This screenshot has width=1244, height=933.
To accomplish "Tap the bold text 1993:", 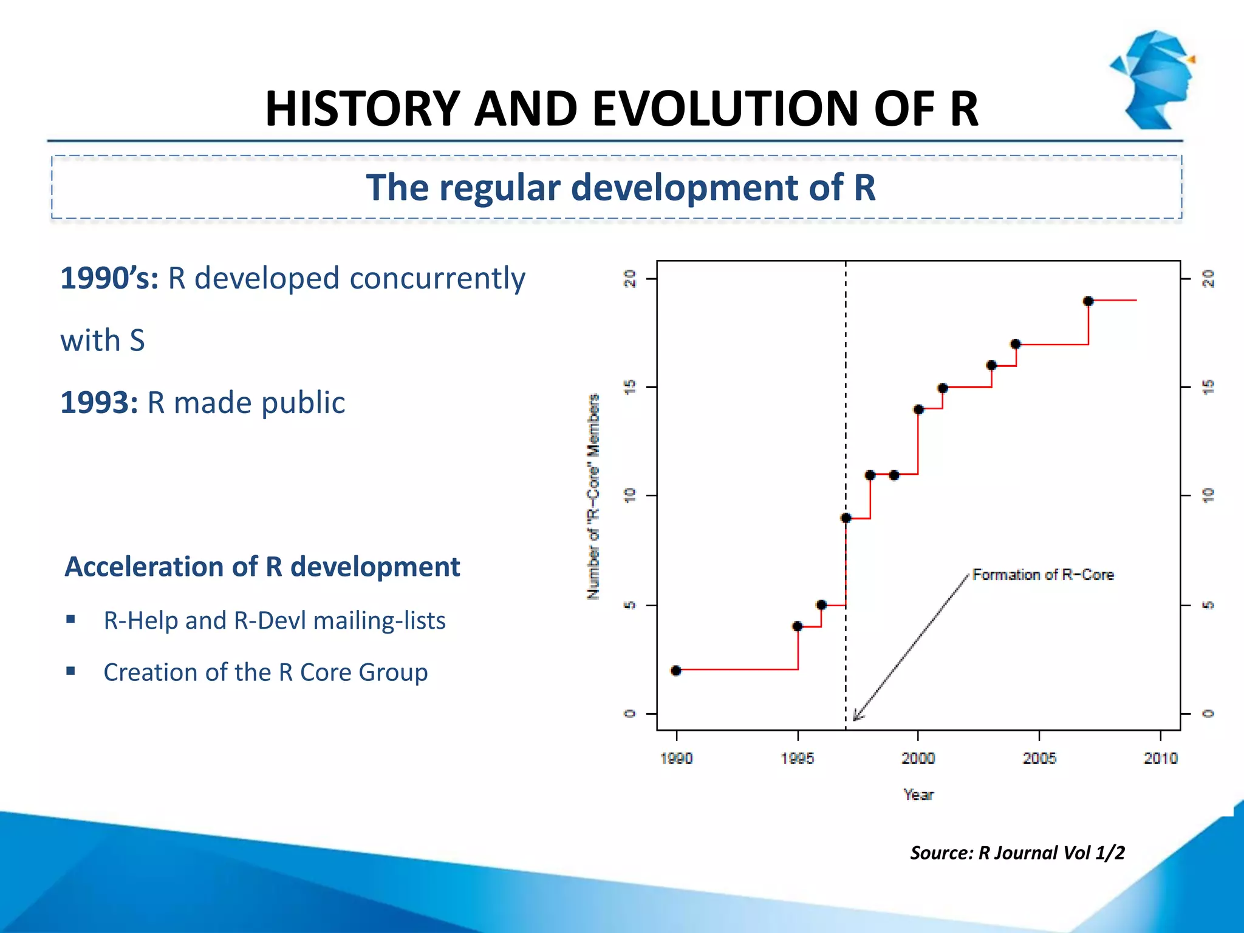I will [x=100, y=403].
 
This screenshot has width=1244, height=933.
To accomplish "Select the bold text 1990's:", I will [x=109, y=279].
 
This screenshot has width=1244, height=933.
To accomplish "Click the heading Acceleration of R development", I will [x=262, y=567].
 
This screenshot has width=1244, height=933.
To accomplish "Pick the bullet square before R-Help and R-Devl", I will [x=71, y=620].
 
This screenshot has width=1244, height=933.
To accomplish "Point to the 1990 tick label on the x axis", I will [x=676, y=758].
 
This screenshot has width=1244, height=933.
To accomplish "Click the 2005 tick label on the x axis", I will [x=1039, y=758].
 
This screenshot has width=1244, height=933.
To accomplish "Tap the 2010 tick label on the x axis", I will [x=1160, y=758].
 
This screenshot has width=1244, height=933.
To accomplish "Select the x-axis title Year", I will [x=918, y=795].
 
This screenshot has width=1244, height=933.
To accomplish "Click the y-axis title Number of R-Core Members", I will [x=593, y=497].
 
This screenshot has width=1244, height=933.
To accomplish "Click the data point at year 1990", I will [x=676, y=671].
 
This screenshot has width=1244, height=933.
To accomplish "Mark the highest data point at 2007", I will [x=1088, y=301].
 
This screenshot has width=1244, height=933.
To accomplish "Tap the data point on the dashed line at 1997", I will [x=846, y=518].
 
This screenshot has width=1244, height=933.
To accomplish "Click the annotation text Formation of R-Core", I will [x=1043, y=575].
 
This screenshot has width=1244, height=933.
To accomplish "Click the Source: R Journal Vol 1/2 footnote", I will [x=1017, y=853].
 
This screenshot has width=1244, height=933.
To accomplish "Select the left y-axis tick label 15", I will [x=630, y=387].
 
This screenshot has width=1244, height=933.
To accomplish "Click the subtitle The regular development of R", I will [x=620, y=187].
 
